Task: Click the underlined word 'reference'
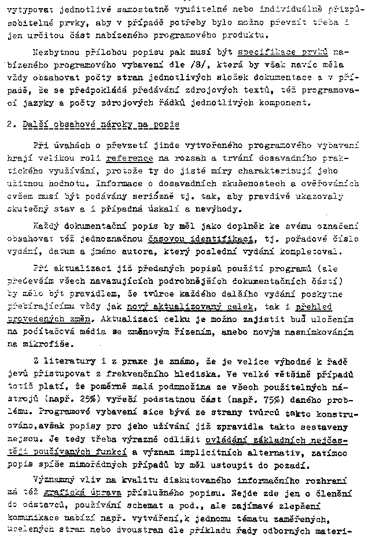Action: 130,158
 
